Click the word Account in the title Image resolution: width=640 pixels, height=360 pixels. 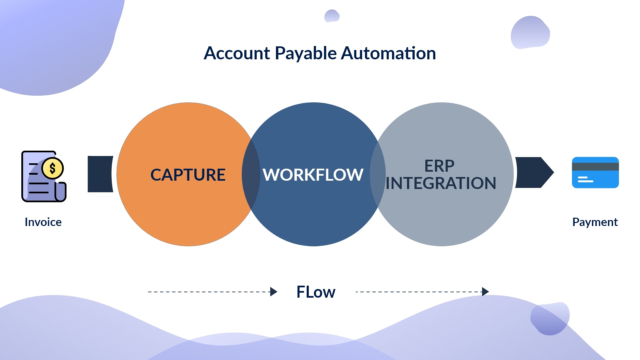tap(237, 53)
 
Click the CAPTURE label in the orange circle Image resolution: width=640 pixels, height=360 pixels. tap(188, 175)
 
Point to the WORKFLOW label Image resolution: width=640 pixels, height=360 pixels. tap(313, 175)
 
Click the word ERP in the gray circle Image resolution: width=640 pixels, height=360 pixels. tap(439, 166)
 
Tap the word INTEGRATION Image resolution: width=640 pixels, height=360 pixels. tap(441, 183)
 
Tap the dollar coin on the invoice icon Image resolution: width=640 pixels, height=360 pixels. tap(53, 168)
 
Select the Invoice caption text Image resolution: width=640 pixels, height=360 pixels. tap(43, 222)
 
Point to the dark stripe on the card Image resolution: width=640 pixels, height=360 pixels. tap(595, 166)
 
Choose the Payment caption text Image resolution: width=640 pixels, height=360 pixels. tap(595, 222)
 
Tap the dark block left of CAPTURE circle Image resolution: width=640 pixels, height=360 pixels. tap(99, 174)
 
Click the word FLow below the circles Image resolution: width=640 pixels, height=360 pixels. tap(316, 292)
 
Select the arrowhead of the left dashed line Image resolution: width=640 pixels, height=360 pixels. tap(274, 292)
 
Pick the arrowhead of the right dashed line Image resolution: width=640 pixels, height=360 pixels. tap(485, 292)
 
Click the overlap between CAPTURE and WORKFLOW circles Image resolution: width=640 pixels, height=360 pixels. tap(251, 174)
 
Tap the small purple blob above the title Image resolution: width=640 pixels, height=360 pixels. tap(332, 16)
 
